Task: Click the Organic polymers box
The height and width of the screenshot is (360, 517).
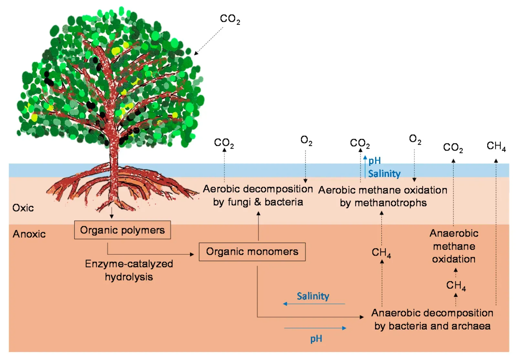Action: pos(122,230)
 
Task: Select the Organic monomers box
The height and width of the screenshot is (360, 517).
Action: pos(252,252)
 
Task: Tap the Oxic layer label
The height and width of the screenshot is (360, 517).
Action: pos(23,208)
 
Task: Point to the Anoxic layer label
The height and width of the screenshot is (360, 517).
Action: pos(29,234)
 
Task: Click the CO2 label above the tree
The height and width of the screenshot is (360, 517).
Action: pos(230,19)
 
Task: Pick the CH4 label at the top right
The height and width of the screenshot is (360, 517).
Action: pos(496,146)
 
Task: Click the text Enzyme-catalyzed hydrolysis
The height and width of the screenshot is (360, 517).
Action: pos(129,270)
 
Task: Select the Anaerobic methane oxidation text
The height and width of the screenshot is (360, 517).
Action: pos(454,246)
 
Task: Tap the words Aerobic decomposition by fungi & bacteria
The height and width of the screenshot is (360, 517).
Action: pos(258,195)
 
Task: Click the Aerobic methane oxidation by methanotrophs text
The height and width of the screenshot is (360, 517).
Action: pos(383,196)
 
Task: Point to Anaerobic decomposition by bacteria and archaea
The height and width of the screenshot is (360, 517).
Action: pos(432,319)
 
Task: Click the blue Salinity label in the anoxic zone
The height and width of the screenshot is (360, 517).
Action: pos(313,296)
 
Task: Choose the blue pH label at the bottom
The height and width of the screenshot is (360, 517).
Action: pos(316,339)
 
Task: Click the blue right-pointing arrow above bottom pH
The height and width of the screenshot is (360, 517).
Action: pos(315,328)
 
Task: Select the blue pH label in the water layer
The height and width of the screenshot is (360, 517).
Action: pos(375,160)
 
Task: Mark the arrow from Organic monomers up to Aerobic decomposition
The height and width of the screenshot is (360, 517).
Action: pos(258,226)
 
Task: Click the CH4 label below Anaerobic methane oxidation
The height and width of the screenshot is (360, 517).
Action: pos(456,285)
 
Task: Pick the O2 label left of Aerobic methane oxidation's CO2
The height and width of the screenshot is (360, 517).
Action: pos(306,140)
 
